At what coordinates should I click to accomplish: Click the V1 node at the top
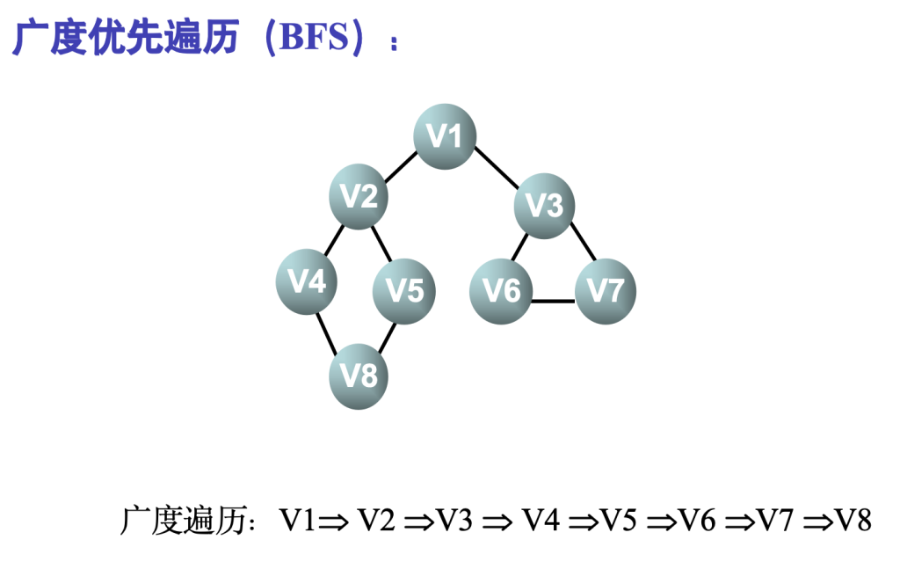click(445, 136)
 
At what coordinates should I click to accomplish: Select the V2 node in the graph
click(359, 197)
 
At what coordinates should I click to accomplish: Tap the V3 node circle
click(544, 206)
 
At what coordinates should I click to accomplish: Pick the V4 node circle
click(308, 282)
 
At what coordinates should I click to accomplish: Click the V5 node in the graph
click(404, 290)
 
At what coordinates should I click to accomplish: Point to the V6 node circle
click(501, 291)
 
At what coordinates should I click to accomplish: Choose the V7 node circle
click(605, 291)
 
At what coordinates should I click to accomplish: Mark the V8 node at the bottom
click(359, 377)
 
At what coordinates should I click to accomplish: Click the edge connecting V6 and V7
click(553, 302)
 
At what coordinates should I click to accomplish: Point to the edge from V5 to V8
click(387, 336)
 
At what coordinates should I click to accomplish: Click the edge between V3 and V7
click(583, 241)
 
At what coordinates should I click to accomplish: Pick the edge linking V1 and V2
click(400, 167)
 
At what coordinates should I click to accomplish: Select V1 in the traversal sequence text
click(297, 521)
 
